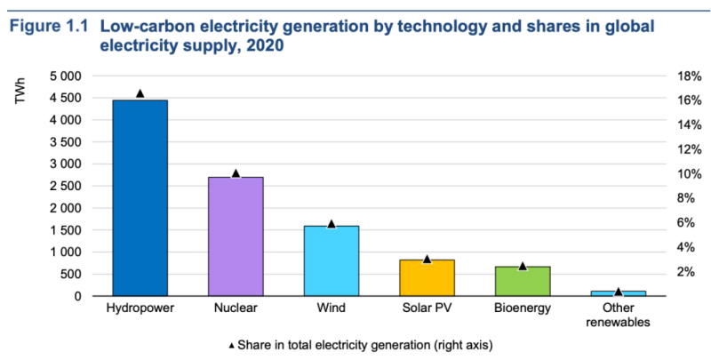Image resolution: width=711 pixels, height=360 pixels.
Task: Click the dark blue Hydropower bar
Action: tap(140, 197)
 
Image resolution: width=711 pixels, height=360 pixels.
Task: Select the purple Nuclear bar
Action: tap(236, 236)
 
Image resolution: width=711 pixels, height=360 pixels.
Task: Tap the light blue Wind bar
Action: tap(332, 260)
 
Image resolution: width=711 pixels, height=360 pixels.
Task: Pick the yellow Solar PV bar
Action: tap(427, 277)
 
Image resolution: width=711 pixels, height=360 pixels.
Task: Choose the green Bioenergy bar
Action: tap(523, 281)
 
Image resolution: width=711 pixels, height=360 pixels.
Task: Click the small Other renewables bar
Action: tap(619, 292)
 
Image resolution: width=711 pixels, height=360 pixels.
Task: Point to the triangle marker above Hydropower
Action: tap(140, 93)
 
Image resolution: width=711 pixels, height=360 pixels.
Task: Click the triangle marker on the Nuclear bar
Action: tap(236, 173)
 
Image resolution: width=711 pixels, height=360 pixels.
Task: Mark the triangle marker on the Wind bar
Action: tap(332, 223)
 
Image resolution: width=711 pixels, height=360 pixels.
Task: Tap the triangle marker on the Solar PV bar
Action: tap(427, 259)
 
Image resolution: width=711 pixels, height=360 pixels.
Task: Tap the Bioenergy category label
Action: tap(523, 308)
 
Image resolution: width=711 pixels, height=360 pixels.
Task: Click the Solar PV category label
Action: tap(427, 308)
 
